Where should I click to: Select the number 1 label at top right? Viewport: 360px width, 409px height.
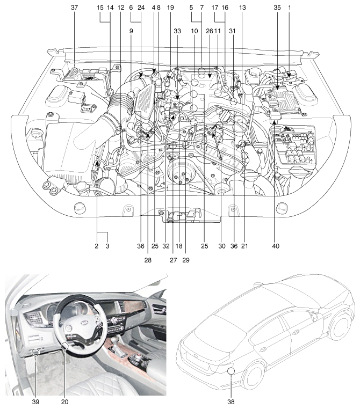(x=291, y=9)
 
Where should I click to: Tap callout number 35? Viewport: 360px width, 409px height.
(x=277, y=9)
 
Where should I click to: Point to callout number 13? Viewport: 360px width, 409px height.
(x=243, y=9)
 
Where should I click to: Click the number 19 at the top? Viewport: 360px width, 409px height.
(x=170, y=9)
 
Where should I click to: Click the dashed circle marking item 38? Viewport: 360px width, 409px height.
(x=232, y=370)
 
